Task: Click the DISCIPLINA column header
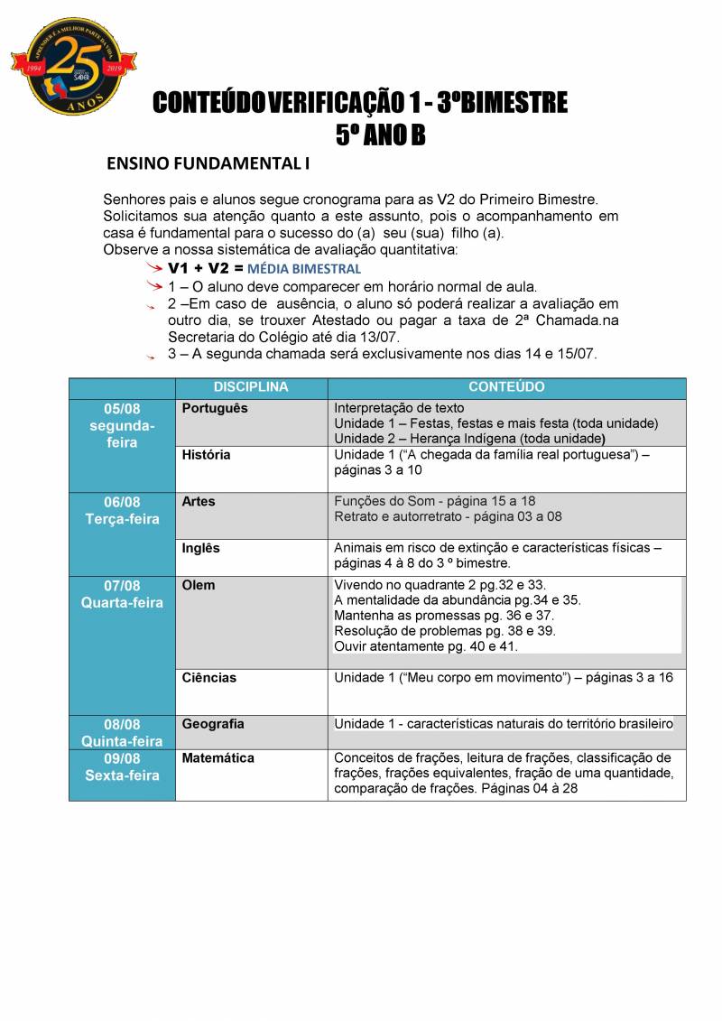point(251,387)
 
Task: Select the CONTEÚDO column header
point(506,387)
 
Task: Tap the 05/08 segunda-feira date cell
point(122,425)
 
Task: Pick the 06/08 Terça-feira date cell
point(122,510)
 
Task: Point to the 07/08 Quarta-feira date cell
point(122,594)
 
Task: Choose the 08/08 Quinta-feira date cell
point(122,732)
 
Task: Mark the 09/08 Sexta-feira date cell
point(122,766)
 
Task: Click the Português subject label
point(215,408)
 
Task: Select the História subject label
point(206,455)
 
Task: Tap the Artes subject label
point(199,501)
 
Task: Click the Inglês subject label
point(200,548)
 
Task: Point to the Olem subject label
point(199,585)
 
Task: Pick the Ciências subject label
point(208,677)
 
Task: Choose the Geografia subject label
point(213,724)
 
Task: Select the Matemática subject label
point(218,758)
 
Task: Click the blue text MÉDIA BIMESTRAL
point(304,269)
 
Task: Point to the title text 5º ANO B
point(379,135)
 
